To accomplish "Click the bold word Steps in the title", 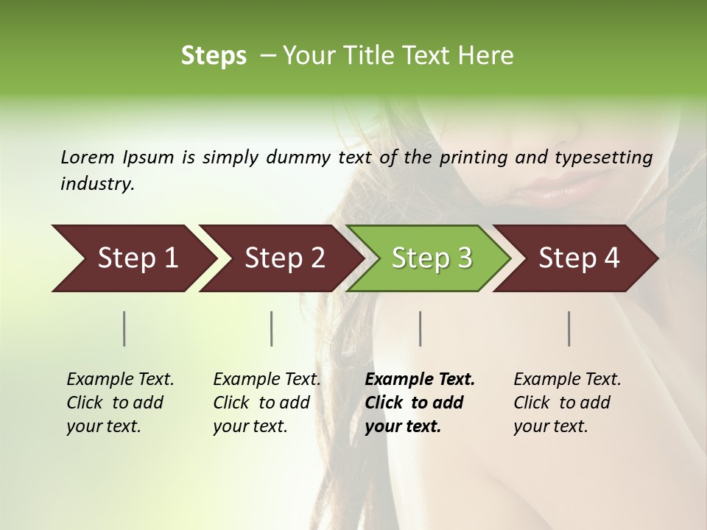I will [x=214, y=56].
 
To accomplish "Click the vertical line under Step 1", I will [x=124, y=328].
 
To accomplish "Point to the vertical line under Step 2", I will [x=272, y=328].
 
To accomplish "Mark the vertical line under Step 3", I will [x=421, y=328].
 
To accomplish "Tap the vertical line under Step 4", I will [x=569, y=328].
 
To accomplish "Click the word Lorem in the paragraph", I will [x=88, y=158].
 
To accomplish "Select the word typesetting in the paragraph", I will [x=604, y=158].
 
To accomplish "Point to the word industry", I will [x=97, y=184].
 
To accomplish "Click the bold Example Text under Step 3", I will [x=420, y=380].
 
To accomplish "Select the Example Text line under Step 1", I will [x=120, y=380].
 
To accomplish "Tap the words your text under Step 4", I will [x=550, y=426].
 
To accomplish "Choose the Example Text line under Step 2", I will [x=267, y=380].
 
